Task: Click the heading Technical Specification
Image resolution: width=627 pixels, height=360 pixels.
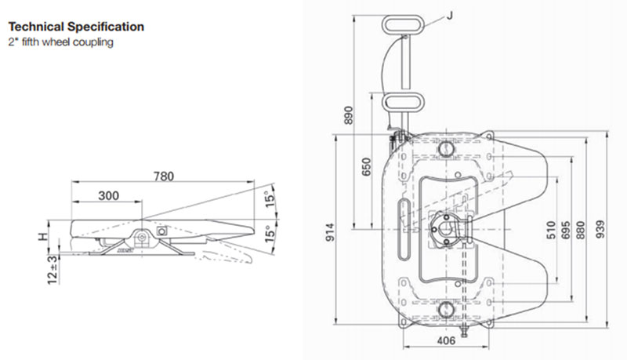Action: (x=76, y=27)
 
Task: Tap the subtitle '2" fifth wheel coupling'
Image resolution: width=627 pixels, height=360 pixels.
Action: (x=61, y=42)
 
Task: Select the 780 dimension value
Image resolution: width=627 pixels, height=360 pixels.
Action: (x=164, y=176)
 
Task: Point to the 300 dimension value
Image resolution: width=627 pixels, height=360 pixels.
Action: (x=109, y=195)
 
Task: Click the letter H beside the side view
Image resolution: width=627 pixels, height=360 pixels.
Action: (x=43, y=237)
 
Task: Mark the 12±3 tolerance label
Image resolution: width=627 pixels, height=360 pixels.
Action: (x=53, y=270)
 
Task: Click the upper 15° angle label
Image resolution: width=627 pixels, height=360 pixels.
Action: (x=271, y=198)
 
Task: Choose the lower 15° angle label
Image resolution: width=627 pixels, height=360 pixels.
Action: (x=270, y=234)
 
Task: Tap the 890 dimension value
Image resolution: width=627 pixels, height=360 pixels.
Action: (x=349, y=115)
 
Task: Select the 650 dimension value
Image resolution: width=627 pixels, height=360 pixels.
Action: (x=366, y=166)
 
